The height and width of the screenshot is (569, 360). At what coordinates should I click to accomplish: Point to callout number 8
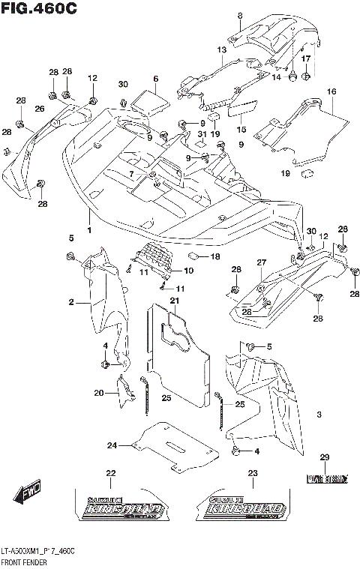(x=240, y=16)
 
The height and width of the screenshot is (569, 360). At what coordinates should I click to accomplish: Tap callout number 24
(x=112, y=446)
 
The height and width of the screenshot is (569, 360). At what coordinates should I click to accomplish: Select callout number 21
(x=174, y=301)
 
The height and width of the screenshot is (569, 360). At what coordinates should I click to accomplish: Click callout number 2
(x=71, y=302)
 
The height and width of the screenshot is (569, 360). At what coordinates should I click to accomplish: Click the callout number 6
(x=155, y=79)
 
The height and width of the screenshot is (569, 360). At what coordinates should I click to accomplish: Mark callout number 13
(x=221, y=49)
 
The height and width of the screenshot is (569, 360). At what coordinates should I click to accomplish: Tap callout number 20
(x=98, y=393)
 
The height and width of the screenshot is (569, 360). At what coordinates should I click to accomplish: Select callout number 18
(x=215, y=256)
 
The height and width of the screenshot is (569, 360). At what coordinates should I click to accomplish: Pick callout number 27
(x=262, y=262)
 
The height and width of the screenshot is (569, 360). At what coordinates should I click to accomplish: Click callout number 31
(x=201, y=134)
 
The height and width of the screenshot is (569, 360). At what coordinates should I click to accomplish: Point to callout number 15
(x=242, y=118)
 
